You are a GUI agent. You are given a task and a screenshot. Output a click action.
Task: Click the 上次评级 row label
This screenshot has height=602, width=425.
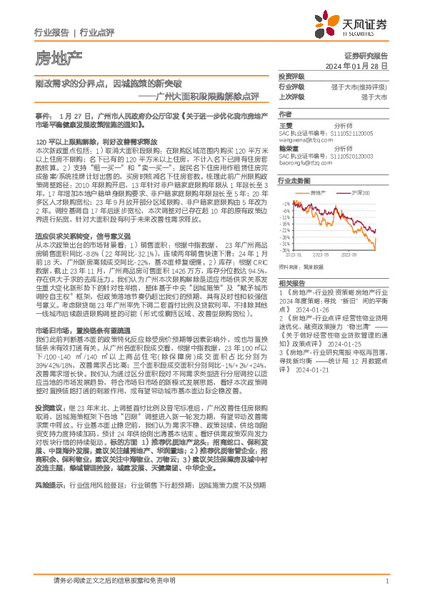coord(291,96)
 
